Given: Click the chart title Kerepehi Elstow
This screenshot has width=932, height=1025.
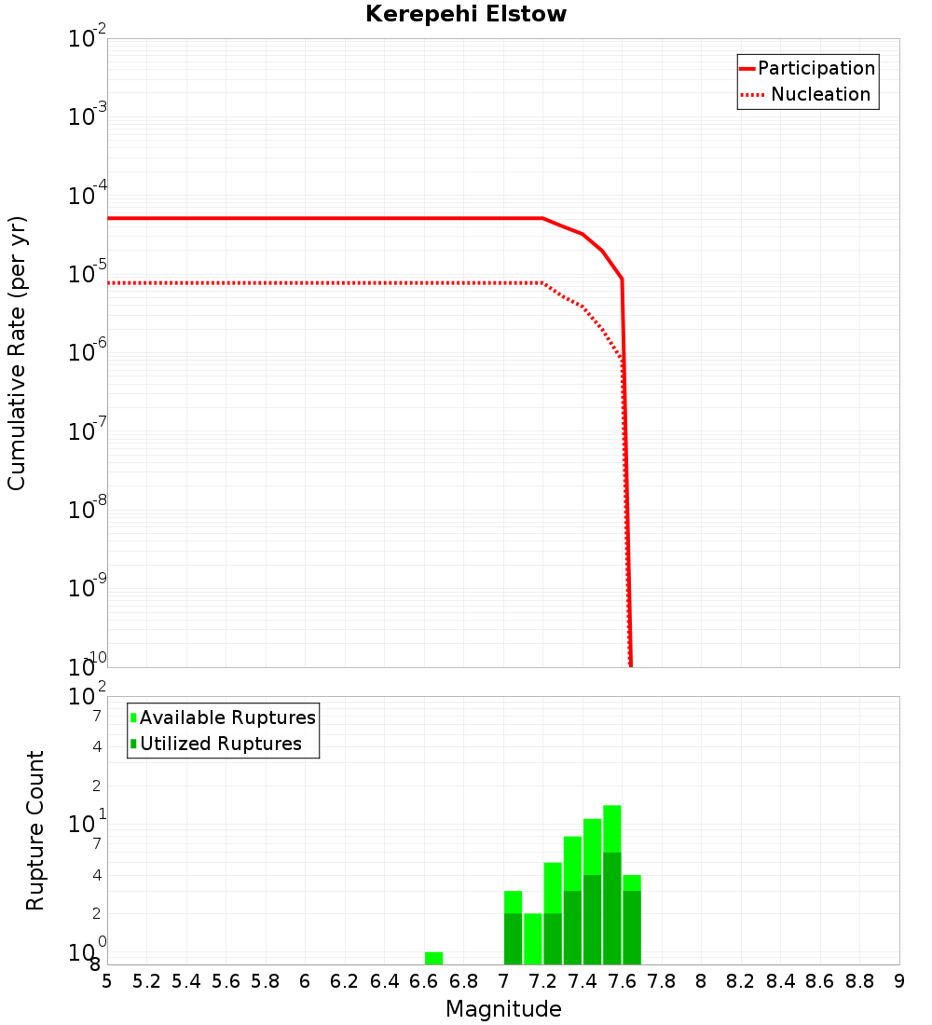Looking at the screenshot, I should (x=466, y=14).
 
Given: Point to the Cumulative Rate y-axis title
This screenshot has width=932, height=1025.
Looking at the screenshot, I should (x=17, y=353).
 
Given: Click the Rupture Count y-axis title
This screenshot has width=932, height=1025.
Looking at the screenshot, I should (x=35, y=830).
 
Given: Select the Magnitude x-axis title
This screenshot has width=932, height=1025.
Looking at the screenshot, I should (x=503, y=1009).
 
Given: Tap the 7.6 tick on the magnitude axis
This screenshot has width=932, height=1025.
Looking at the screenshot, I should (x=622, y=981).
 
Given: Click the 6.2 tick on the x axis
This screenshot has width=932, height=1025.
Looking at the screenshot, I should (x=345, y=981).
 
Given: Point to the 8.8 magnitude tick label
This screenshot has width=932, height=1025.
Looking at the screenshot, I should (x=859, y=981).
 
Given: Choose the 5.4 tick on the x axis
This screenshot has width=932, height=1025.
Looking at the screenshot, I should (x=186, y=981).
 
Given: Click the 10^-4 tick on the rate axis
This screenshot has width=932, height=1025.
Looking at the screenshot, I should (x=88, y=196).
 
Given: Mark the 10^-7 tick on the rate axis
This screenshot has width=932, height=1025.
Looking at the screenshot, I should (x=88, y=431).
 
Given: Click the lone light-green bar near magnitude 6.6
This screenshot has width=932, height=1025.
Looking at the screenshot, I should (x=433, y=958).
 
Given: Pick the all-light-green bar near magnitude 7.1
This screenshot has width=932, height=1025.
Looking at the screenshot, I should (x=533, y=938).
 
